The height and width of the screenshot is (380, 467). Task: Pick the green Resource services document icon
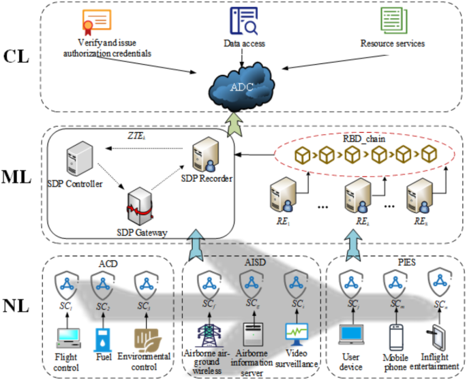[392, 22]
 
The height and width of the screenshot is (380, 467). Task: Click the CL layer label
[16, 57]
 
